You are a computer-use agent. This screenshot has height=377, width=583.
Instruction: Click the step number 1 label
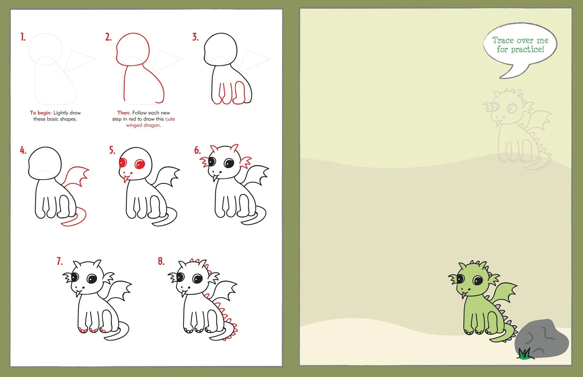tap(23, 38)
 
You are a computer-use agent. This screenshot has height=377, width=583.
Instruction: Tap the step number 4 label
tap(23, 151)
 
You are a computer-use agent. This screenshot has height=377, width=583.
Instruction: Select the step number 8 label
tap(161, 262)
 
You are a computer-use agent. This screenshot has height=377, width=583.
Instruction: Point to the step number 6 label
tap(197, 151)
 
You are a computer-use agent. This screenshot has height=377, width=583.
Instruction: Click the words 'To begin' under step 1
tap(40, 113)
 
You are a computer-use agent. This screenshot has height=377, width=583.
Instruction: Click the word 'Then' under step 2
tap(123, 113)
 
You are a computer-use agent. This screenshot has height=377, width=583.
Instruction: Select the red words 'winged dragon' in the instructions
tap(143, 126)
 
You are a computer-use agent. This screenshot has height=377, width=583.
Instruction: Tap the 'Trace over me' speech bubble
tap(520, 45)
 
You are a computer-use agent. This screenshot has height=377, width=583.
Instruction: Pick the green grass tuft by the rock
tap(524, 354)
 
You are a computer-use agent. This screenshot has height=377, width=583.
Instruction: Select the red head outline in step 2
tap(133, 48)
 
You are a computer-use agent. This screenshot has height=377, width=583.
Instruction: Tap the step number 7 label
tap(60, 262)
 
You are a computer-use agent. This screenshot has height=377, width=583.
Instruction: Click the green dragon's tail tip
tap(494, 339)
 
